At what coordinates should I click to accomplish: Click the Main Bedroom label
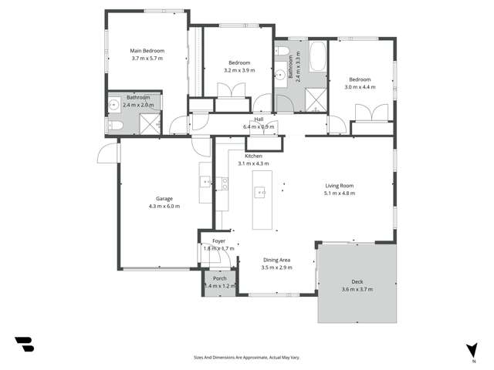[x=147, y=51]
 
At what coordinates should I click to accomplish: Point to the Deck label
[x=357, y=281]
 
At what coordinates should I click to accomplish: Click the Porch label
[x=220, y=278]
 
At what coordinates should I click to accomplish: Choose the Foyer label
[x=218, y=241]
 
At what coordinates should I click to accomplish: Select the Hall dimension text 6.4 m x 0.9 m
[x=259, y=126]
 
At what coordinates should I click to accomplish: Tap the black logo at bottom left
[x=24, y=345]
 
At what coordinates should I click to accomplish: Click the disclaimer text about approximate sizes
[x=247, y=357]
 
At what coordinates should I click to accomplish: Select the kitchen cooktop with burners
[x=225, y=183]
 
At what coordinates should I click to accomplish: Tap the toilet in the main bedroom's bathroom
[x=112, y=126]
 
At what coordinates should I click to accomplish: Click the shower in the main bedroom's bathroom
[x=149, y=123]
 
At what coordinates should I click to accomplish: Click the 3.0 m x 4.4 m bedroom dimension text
[x=360, y=87]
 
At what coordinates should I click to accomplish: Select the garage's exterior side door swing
[x=107, y=153]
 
